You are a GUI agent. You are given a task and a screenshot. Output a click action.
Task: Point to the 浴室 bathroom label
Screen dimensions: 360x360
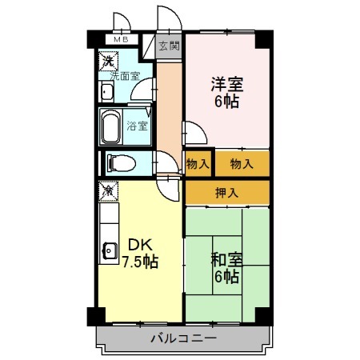(137, 125)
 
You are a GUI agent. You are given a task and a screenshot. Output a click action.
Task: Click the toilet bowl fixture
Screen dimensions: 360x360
(120, 163)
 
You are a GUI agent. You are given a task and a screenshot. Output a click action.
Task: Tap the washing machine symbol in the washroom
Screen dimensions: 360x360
(108, 60)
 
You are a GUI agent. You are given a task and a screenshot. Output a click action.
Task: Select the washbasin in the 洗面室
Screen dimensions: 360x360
(107, 91)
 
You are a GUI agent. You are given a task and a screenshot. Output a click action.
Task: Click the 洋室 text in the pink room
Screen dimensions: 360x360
(226, 83)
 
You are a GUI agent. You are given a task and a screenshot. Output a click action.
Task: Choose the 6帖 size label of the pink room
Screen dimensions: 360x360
(226, 102)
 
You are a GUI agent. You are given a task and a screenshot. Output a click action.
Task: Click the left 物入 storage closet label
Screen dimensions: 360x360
(198, 164)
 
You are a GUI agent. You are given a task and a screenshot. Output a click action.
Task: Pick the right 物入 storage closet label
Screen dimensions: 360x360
(242, 164)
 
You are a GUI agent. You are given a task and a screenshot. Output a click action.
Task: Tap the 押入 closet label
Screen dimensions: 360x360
(227, 192)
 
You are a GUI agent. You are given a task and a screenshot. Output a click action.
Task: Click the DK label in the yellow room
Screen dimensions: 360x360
(134, 244)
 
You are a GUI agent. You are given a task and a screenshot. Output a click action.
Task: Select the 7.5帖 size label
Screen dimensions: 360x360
(139, 262)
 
